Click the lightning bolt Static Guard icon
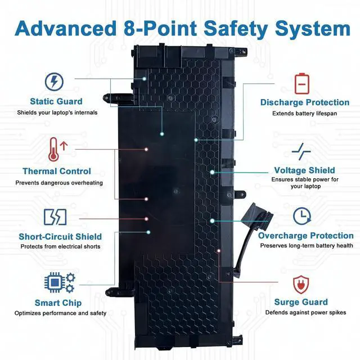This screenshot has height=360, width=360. tap(53, 82)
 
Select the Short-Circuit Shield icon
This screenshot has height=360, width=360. tap(55, 217)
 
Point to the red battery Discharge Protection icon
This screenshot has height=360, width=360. tap(302, 83)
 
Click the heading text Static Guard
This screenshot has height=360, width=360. tap(56, 102)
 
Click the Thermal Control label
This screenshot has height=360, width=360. tap(56, 171)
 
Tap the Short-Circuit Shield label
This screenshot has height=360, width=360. tap(60, 237)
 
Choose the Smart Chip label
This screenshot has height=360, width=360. tap(58, 303)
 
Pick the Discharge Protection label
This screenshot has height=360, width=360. tap(304, 102)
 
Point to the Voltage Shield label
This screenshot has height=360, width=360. tap(304, 170)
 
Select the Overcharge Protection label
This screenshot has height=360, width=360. tap(305, 236)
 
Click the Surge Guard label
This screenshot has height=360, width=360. tap(301, 302)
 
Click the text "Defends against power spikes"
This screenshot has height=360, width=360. tap(305, 313)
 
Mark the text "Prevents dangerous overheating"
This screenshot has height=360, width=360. tap(59, 183)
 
